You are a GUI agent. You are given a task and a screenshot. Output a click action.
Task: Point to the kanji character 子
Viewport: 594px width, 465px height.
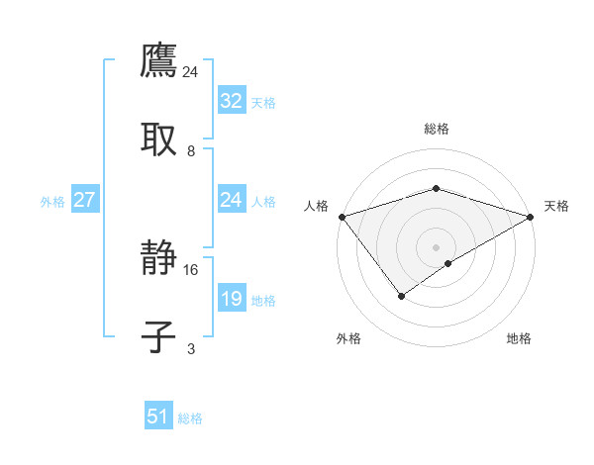(x=158, y=335)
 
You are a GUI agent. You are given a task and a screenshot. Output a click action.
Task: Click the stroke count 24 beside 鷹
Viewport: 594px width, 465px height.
(x=191, y=71)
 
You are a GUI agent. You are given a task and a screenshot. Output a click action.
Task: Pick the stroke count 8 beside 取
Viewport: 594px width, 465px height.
(x=191, y=150)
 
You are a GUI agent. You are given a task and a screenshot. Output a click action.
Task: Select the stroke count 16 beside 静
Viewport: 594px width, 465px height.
(x=191, y=269)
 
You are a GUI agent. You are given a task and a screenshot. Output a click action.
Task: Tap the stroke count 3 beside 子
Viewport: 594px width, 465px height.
(x=191, y=348)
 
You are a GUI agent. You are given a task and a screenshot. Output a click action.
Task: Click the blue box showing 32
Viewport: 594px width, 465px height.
(x=231, y=100)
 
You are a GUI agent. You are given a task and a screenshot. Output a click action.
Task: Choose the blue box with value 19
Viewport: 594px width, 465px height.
(x=231, y=298)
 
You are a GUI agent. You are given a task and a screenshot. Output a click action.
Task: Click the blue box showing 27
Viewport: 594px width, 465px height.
(x=84, y=200)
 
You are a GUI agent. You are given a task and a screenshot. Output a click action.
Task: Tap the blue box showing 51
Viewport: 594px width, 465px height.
(x=157, y=417)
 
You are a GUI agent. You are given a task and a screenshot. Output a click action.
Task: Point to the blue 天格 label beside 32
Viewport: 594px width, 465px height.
(x=263, y=102)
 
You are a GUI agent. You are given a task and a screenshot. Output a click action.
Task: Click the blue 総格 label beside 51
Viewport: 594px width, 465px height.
(x=190, y=418)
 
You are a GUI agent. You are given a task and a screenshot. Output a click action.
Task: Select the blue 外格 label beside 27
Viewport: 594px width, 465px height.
(x=52, y=202)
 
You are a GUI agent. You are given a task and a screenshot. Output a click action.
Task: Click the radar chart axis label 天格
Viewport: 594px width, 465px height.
(x=556, y=206)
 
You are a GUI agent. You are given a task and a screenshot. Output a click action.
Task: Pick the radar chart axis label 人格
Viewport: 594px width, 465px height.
(x=316, y=206)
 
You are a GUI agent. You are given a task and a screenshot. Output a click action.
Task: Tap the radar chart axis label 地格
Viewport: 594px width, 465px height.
(x=519, y=338)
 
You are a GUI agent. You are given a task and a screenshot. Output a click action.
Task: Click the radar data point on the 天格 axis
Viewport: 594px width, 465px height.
(x=531, y=217)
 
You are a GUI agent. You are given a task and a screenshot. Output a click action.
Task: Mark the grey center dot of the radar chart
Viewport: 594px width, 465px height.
(x=436, y=246)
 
